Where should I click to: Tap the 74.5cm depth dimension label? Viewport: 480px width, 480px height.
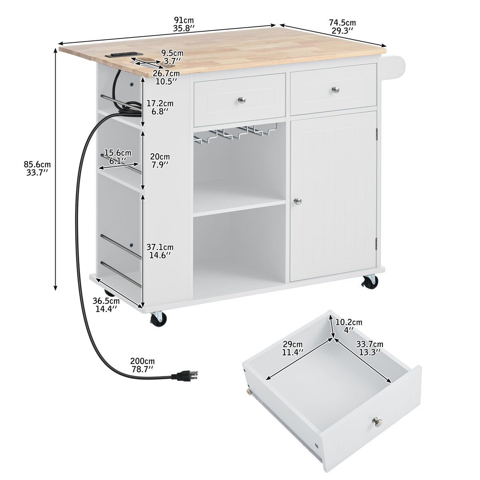pos(342,26)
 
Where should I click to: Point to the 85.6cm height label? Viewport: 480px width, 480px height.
pos(37,168)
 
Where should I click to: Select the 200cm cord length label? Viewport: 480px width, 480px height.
pos(142,365)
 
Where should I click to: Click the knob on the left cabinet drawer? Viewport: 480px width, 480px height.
pos(241,100)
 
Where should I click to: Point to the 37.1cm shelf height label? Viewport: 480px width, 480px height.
pos(160,250)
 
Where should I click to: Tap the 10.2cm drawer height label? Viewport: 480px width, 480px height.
pos(349,326)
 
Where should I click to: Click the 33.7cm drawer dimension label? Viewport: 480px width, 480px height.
pos(370,348)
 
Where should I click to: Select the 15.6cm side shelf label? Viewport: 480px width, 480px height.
pos(118,156)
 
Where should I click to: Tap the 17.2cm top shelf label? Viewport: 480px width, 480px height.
pos(160,107)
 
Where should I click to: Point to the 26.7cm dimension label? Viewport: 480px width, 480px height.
pos(166,77)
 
